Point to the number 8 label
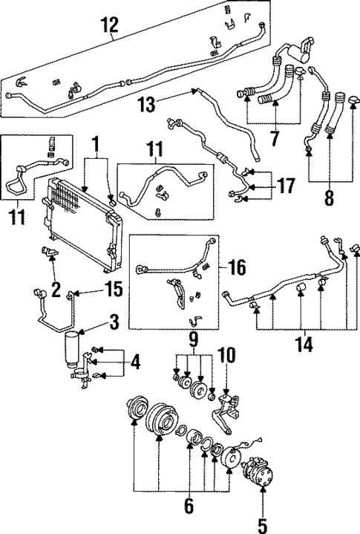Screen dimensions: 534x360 click(x=327, y=198)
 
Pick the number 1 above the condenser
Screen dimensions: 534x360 click(x=95, y=143)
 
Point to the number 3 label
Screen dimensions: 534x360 click(x=114, y=324)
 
